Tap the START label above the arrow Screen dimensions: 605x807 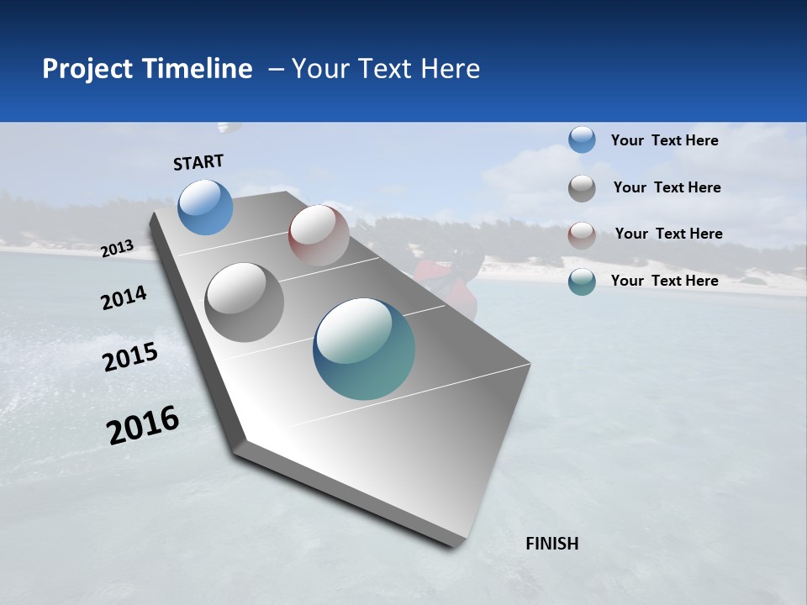[198, 162]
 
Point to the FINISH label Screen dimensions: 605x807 [552, 544]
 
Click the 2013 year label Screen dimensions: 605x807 [118, 249]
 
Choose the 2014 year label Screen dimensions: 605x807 [124, 298]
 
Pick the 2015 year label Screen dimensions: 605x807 [130, 357]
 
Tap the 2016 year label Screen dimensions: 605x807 [143, 425]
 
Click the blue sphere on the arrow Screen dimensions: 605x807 [206, 207]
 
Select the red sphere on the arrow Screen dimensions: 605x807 [319, 235]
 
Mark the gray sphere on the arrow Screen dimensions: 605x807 [245, 302]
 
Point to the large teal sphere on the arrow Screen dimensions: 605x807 [364, 349]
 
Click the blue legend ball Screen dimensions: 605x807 [582, 139]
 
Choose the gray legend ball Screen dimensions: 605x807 [582, 188]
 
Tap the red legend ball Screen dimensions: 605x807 [582, 235]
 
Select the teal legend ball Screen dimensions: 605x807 [582, 281]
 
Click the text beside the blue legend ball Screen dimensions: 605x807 [664, 140]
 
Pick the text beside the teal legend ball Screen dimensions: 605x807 [664, 281]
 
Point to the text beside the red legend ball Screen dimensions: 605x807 [668, 234]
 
